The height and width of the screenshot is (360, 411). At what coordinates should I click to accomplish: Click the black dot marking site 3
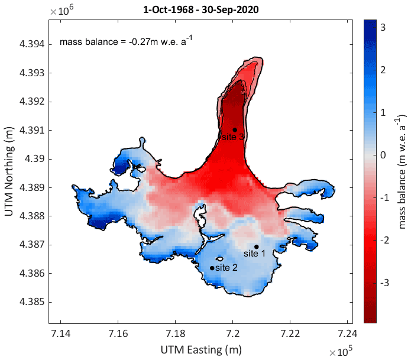[235, 130]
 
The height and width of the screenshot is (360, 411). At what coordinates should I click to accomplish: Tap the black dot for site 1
[257, 247]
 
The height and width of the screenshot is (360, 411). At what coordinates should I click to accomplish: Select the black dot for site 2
[212, 268]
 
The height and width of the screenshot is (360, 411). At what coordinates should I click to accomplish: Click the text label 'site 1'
[255, 254]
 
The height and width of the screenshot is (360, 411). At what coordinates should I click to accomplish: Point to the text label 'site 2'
[226, 268]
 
